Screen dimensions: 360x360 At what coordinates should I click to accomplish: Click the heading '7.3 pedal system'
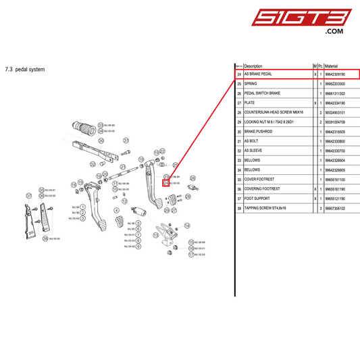point(25,69)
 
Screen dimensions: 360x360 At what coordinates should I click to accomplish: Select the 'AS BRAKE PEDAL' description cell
point(258,74)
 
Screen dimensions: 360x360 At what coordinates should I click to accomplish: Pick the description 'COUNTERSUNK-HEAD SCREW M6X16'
point(274,112)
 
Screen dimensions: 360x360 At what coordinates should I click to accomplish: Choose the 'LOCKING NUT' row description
point(274,122)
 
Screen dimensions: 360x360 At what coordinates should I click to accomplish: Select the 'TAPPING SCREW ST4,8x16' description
point(266,209)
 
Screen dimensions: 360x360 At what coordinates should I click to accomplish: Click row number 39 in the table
point(239,209)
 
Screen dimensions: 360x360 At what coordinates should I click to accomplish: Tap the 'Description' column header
point(253,66)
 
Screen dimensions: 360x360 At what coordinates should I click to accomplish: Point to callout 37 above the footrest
point(29,196)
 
